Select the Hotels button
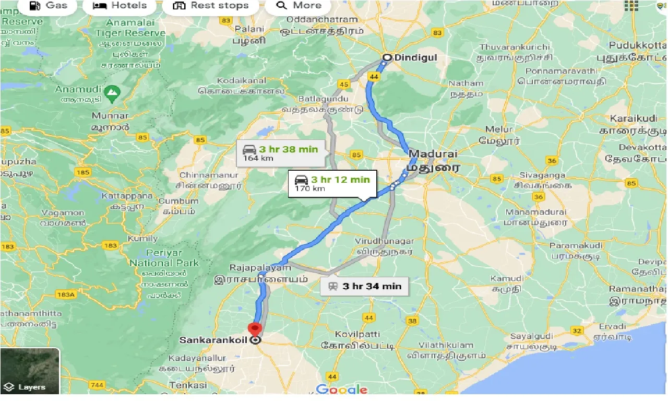[120, 6]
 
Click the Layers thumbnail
[30, 371]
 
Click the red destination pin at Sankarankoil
[255, 331]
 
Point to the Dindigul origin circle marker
[387, 58]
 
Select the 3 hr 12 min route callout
[332, 183]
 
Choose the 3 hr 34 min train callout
[365, 286]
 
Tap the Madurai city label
[433, 154]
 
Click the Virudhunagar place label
[384, 241]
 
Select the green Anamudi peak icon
[111, 94]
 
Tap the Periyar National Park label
[164, 258]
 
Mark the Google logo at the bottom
[342, 389]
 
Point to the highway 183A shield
[66, 294]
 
